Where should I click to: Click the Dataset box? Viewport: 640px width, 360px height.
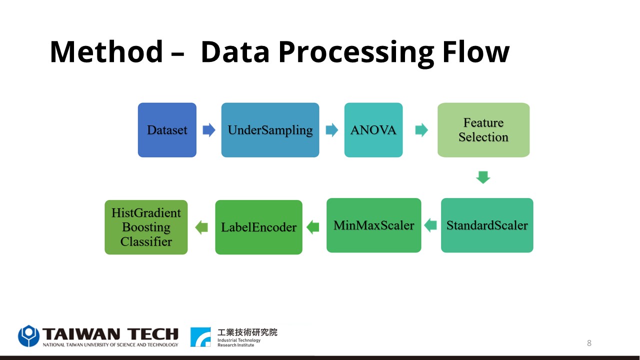click(x=167, y=130)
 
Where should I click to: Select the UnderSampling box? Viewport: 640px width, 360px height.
click(x=270, y=130)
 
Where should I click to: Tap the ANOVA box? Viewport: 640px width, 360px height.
click(x=373, y=130)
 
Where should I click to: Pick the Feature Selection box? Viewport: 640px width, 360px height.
click(x=483, y=130)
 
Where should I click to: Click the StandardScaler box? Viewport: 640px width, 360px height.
click(x=487, y=225)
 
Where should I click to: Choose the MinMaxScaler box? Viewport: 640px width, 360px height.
click(x=373, y=225)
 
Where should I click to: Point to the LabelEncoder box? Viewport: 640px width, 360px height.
click(x=259, y=227)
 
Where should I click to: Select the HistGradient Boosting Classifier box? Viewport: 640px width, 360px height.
click(x=146, y=227)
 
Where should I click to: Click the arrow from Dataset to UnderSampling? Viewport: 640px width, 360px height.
click(x=209, y=130)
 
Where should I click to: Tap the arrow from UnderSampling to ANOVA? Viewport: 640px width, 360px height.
click(x=331, y=130)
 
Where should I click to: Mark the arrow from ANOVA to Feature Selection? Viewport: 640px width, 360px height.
click(x=421, y=130)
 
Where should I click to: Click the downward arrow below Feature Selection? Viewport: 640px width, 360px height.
click(x=483, y=177)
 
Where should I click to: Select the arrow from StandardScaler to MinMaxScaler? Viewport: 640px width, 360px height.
click(x=430, y=225)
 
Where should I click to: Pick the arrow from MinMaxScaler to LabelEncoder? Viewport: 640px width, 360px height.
click(x=313, y=227)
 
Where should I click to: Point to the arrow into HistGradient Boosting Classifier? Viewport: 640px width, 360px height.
click(x=201, y=227)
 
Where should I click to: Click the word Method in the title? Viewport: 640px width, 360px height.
click(x=106, y=52)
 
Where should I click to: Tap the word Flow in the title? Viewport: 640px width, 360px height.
click(x=476, y=52)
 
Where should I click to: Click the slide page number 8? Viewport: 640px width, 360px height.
click(x=589, y=343)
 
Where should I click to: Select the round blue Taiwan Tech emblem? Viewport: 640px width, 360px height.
click(x=28, y=335)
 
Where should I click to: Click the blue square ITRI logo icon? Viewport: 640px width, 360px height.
click(x=200, y=337)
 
